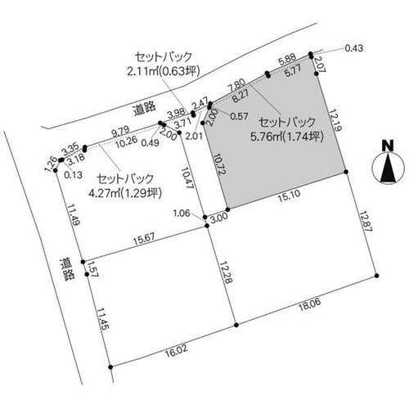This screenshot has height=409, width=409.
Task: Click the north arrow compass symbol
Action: point(389,168)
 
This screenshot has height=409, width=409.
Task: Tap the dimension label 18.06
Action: point(309,303)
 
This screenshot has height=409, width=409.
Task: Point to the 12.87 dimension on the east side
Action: point(366,221)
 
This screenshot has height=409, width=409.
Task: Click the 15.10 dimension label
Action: point(289,196)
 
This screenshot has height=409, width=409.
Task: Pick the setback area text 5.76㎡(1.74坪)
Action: point(287,137)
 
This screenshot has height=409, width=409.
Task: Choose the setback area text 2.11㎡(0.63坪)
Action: point(164,71)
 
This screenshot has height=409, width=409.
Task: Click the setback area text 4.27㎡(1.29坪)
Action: point(125,193)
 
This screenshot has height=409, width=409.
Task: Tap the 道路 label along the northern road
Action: point(145,109)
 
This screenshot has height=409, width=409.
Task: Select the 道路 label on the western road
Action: point(67,269)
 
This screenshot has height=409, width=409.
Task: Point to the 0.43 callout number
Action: point(354,48)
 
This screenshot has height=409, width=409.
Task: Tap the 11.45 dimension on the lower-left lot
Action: point(103,319)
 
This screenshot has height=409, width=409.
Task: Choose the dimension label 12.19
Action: point(335,120)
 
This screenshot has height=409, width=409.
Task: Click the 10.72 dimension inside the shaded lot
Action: point(220,164)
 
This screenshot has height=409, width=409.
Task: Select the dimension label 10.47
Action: point(187,178)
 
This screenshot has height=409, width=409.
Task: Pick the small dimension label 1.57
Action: point(93,268)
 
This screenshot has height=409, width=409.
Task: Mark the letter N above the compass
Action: point(388,146)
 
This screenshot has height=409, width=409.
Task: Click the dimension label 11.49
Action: point(74,214)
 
